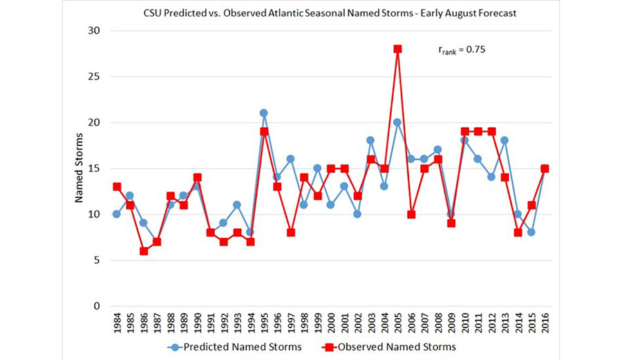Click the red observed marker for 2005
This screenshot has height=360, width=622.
[x=398, y=49]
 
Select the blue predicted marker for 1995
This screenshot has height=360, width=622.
[x=263, y=113]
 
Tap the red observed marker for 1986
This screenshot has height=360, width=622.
[x=144, y=251]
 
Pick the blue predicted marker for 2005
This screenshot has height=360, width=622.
[x=398, y=122]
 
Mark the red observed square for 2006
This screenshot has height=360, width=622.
[x=411, y=214]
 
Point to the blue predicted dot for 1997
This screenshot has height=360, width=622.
[x=290, y=159]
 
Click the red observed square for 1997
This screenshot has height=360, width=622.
[x=290, y=232]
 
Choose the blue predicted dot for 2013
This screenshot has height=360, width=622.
[x=505, y=141]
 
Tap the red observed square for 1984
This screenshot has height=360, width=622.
[x=117, y=187]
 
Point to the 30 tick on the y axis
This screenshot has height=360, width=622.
[x=93, y=31]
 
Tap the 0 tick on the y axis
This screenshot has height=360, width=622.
[x=96, y=306]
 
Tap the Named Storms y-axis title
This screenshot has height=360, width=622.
[x=79, y=169]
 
